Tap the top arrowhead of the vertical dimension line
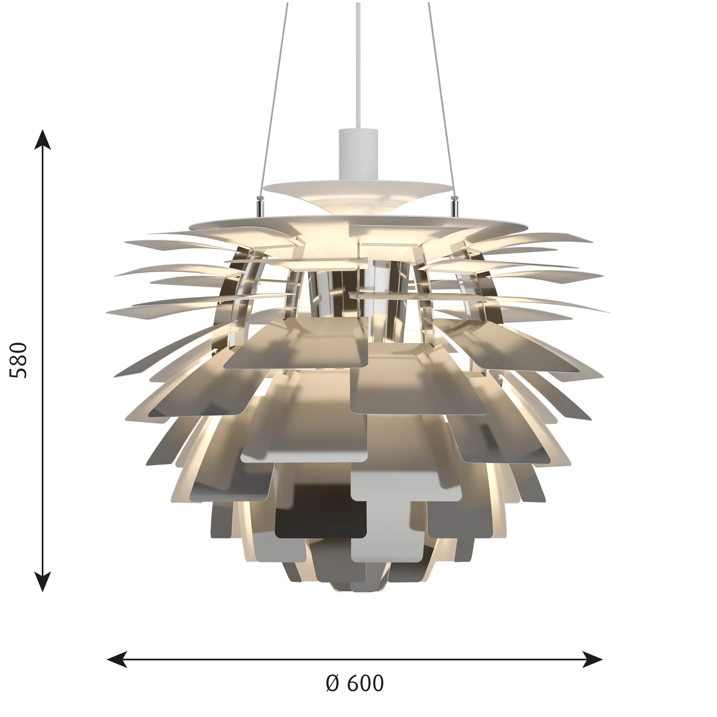[x=43, y=140]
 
